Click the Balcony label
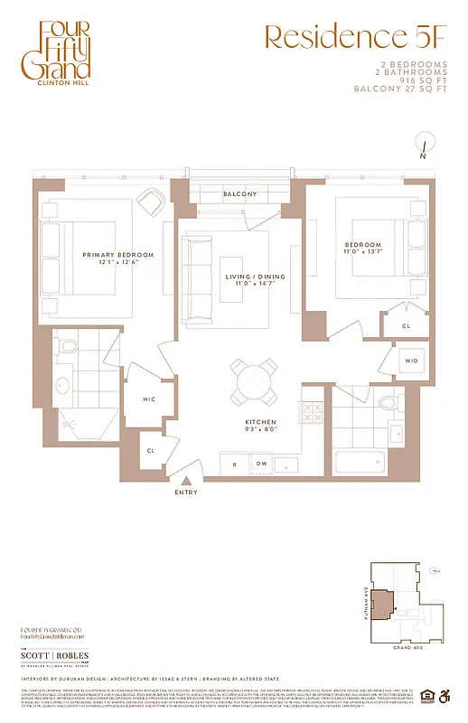click(239, 194)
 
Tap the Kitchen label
click(259, 423)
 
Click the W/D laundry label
click(411, 361)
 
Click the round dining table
click(254, 380)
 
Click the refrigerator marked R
click(235, 465)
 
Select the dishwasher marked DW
click(262, 465)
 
